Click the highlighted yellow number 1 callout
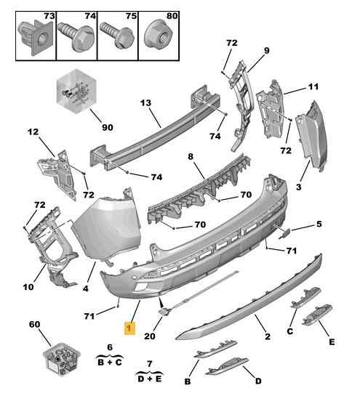[129, 328]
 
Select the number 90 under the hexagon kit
[107, 127]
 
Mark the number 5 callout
[319, 225]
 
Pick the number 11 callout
[314, 87]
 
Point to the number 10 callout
[28, 287]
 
